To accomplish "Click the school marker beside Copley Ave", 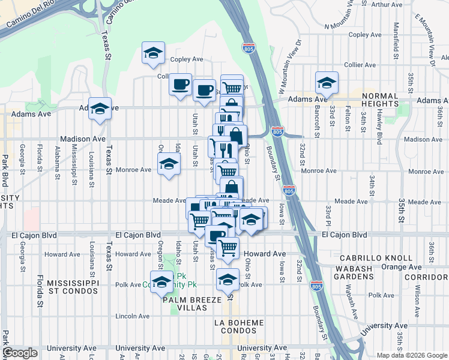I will (x=153, y=53).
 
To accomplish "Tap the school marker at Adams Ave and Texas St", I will (x=100, y=109).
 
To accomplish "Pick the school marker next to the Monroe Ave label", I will (x=169, y=164).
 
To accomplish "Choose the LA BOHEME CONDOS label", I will (x=239, y=328).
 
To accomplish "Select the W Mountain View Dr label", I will (x=289, y=68).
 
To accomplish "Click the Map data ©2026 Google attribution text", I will (x=412, y=355).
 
